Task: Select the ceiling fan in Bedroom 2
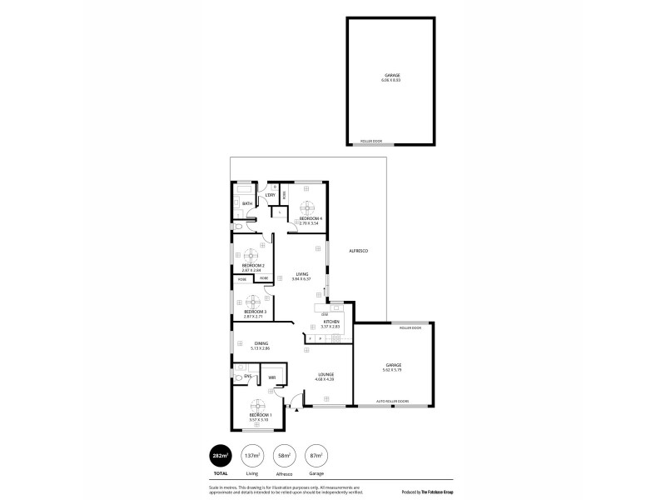click(x=252, y=256)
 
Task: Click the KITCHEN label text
click(x=331, y=321)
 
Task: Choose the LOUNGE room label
click(x=326, y=374)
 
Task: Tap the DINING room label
click(x=261, y=343)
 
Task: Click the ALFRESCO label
click(x=357, y=251)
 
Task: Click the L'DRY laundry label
click(x=271, y=195)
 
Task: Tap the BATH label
click(x=246, y=203)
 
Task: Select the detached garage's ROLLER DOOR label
click(x=370, y=142)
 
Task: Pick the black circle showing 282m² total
click(x=219, y=456)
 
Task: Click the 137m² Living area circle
click(x=251, y=456)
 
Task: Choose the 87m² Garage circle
click(x=315, y=456)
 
